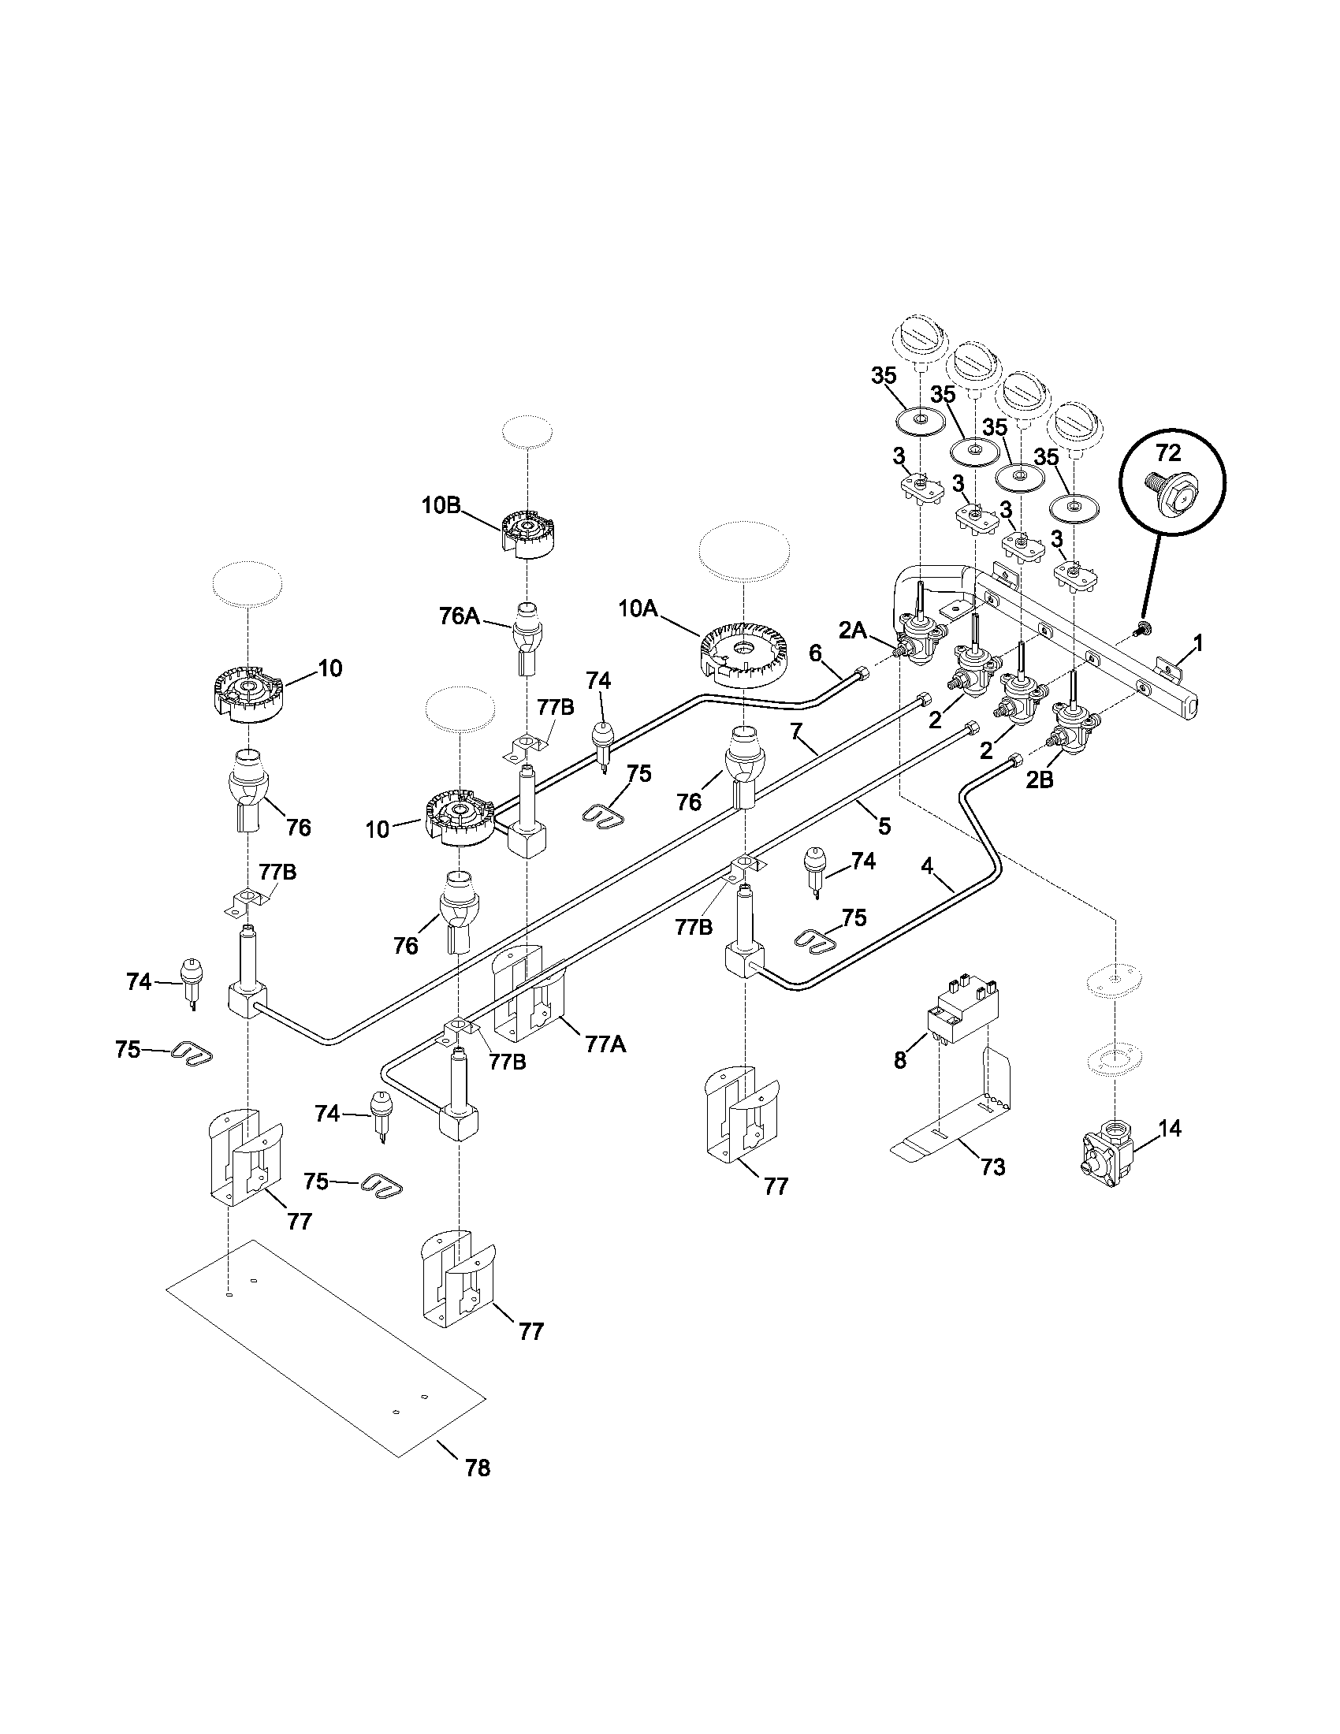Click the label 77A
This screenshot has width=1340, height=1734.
[605, 1045]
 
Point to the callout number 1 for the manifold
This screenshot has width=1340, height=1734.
[1199, 643]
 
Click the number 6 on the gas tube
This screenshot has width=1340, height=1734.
[815, 653]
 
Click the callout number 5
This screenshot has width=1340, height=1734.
[884, 827]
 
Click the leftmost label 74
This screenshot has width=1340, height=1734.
[139, 982]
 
